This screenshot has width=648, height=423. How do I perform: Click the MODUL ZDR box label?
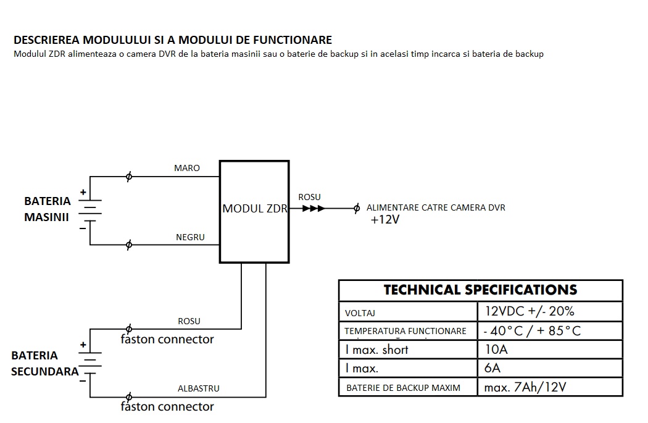[x=254, y=209]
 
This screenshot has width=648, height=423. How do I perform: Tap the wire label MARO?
[x=187, y=168]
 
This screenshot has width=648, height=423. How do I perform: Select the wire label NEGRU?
[x=190, y=237]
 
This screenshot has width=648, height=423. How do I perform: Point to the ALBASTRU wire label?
[x=198, y=388]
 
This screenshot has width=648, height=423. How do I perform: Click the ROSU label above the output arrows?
[x=309, y=197]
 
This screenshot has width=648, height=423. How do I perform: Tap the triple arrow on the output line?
[x=313, y=209]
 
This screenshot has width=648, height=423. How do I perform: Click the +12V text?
[x=385, y=220]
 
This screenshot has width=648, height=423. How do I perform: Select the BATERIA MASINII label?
[x=47, y=209]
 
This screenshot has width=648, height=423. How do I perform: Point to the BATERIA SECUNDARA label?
[x=44, y=363]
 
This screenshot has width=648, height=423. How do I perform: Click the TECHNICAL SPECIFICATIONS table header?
[x=480, y=290]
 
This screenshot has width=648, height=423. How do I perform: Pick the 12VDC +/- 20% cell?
[x=530, y=311]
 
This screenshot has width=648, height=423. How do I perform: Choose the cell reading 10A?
[x=496, y=350]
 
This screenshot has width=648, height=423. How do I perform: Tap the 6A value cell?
[x=492, y=369]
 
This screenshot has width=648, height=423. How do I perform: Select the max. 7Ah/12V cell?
[x=525, y=388]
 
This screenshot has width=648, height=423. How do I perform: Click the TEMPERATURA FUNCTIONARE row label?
[x=405, y=331]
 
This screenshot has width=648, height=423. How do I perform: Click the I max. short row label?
[x=376, y=350]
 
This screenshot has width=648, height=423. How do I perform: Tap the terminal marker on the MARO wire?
[x=128, y=177]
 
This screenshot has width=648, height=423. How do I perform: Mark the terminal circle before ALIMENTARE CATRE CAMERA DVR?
[x=356, y=209]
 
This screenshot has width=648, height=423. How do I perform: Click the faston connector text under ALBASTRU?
[x=167, y=407]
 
